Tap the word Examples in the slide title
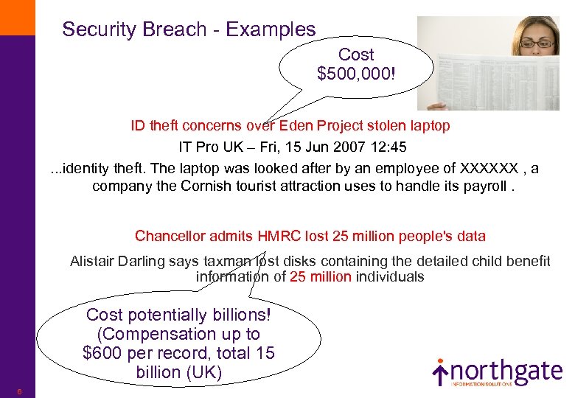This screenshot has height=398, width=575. (271, 29)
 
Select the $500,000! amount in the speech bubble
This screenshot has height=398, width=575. (355, 74)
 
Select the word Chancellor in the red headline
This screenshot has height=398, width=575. (170, 236)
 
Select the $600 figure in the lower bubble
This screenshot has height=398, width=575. (99, 353)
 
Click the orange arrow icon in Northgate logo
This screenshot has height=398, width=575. (440, 373)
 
